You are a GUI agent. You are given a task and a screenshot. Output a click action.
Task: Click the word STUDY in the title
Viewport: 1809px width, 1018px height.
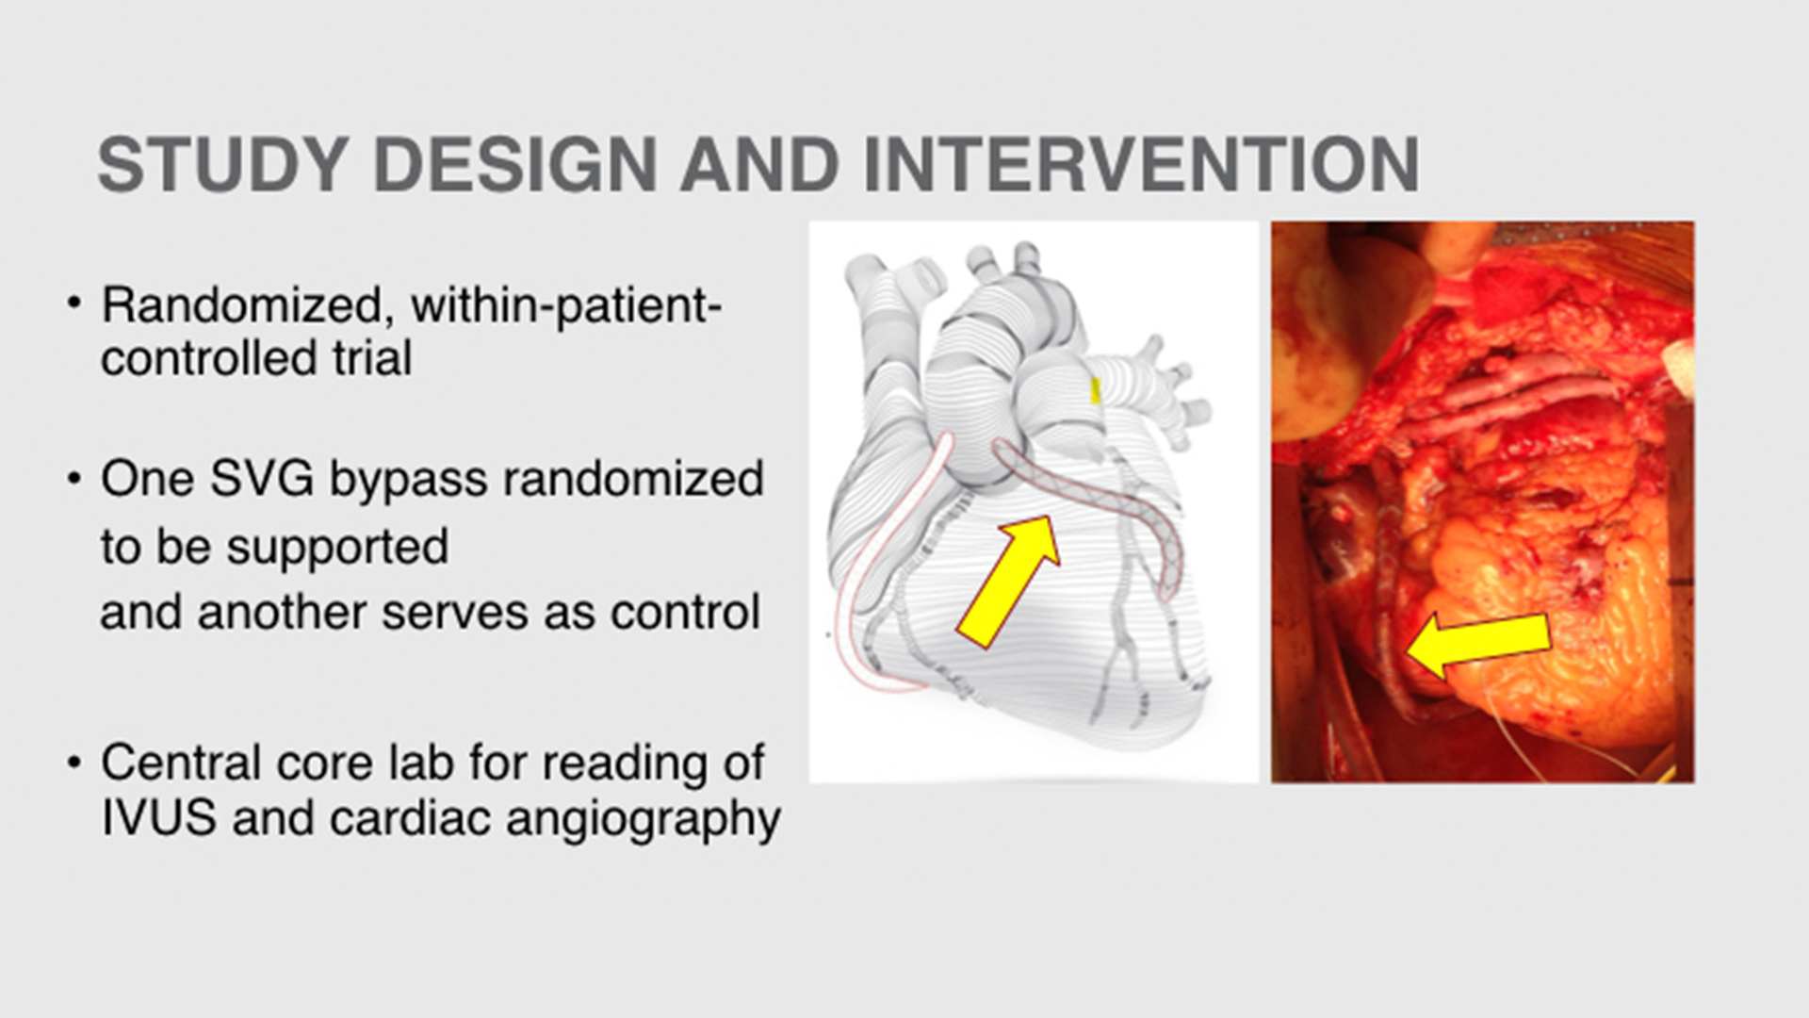[x=223, y=165]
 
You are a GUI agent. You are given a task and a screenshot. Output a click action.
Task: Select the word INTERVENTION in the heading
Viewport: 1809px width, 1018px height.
[x=1141, y=165]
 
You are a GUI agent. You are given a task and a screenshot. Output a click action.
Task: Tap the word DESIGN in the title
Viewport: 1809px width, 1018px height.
[x=515, y=165]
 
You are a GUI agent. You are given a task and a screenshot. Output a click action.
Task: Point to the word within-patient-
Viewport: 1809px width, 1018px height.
[x=566, y=305]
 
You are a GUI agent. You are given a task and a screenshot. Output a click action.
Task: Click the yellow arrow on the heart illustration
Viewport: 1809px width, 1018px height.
[x=1006, y=583]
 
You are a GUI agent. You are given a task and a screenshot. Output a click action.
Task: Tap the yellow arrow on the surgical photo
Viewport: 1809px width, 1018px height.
[x=1477, y=643]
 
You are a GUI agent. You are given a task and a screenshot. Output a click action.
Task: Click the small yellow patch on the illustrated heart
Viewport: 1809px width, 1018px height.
[x=1096, y=390]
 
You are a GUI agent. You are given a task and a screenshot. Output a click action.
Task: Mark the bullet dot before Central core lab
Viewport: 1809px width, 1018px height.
[x=74, y=762]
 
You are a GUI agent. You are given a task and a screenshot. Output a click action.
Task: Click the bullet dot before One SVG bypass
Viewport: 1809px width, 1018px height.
[x=74, y=478]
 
